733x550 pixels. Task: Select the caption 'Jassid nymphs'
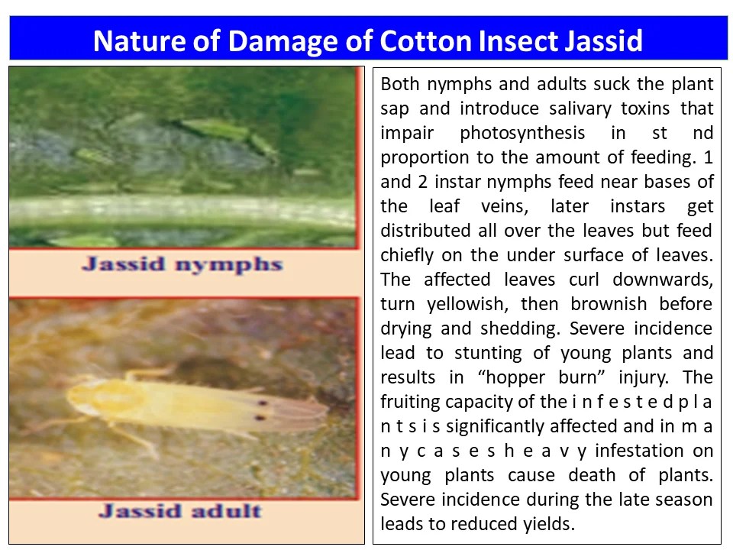(x=182, y=265)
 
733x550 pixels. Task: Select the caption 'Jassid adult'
(x=180, y=510)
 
